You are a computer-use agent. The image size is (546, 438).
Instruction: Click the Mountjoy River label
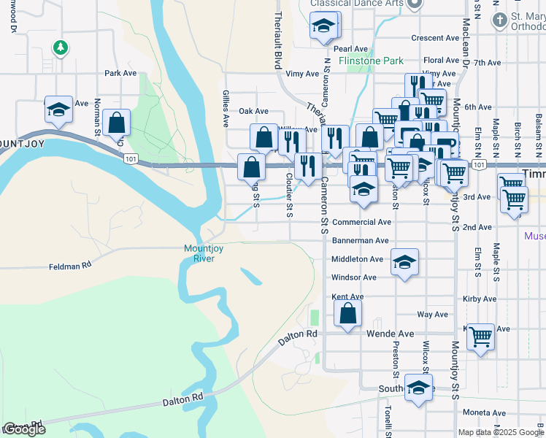(x=199, y=254)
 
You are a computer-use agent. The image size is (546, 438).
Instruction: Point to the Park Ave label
(x=120, y=73)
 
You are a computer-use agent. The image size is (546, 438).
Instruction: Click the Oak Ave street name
(x=253, y=112)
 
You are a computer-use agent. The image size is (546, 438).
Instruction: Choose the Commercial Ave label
(x=361, y=222)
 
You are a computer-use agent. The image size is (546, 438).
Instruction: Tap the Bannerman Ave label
(x=361, y=240)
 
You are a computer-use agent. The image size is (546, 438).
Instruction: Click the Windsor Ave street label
(x=353, y=277)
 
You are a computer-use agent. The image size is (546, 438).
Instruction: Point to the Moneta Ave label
(x=484, y=412)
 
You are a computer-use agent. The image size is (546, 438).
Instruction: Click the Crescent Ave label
(x=434, y=38)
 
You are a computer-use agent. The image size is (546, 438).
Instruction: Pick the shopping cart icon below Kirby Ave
(x=480, y=337)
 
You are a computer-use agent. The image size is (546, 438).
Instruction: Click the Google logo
(x=24, y=429)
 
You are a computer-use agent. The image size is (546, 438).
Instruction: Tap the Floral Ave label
(x=442, y=61)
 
